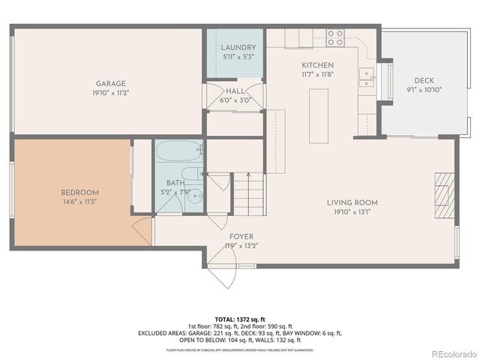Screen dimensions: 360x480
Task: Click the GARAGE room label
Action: point(110,84)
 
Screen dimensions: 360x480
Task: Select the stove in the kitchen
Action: point(335,34)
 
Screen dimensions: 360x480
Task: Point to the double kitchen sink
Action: point(366,74)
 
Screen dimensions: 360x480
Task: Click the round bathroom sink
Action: point(195,196)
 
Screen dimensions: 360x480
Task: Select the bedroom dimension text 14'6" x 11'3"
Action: point(79,201)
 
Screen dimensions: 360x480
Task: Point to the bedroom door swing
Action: point(142,232)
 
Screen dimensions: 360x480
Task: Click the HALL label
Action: point(234,91)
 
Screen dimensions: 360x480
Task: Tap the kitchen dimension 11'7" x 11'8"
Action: point(318,74)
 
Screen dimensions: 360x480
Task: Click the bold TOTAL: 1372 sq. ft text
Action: point(240,319)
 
